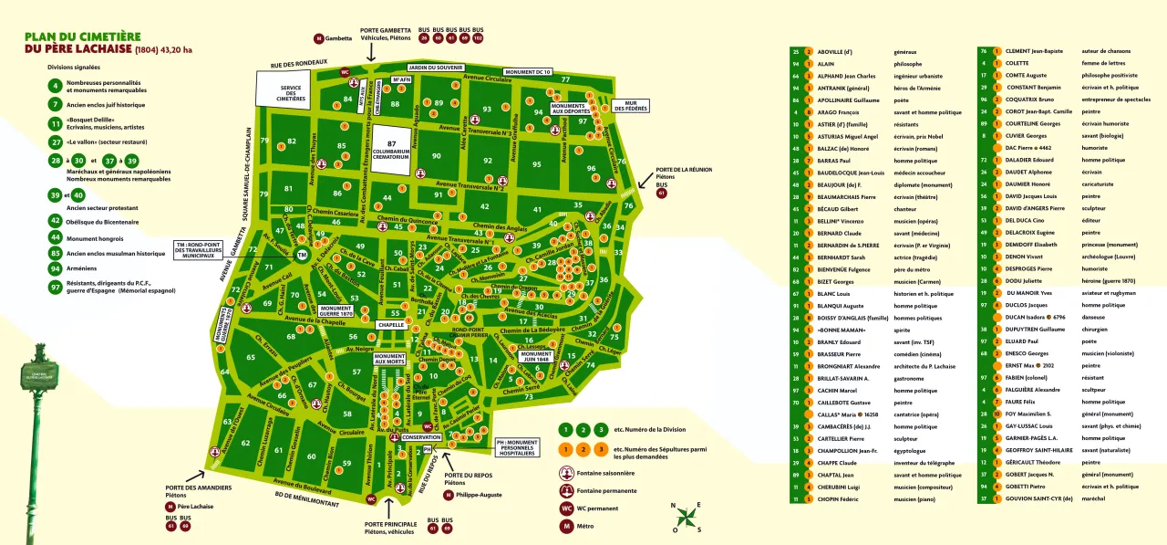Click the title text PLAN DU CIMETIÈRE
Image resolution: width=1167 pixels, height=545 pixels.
coord(83,37)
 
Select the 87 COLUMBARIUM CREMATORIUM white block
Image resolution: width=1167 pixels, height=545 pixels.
coord(390,150)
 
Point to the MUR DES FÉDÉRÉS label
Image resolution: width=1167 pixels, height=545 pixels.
coord(630,107)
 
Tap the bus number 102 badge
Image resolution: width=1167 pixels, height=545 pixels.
coord(478,39)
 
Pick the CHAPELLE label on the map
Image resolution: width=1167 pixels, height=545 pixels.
coord(391,325)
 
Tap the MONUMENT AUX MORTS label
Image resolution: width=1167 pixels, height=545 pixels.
coord(389,360)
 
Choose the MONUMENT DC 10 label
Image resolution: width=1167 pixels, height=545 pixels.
coord(528,72)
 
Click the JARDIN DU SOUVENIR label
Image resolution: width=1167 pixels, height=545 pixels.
coord(430,68)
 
